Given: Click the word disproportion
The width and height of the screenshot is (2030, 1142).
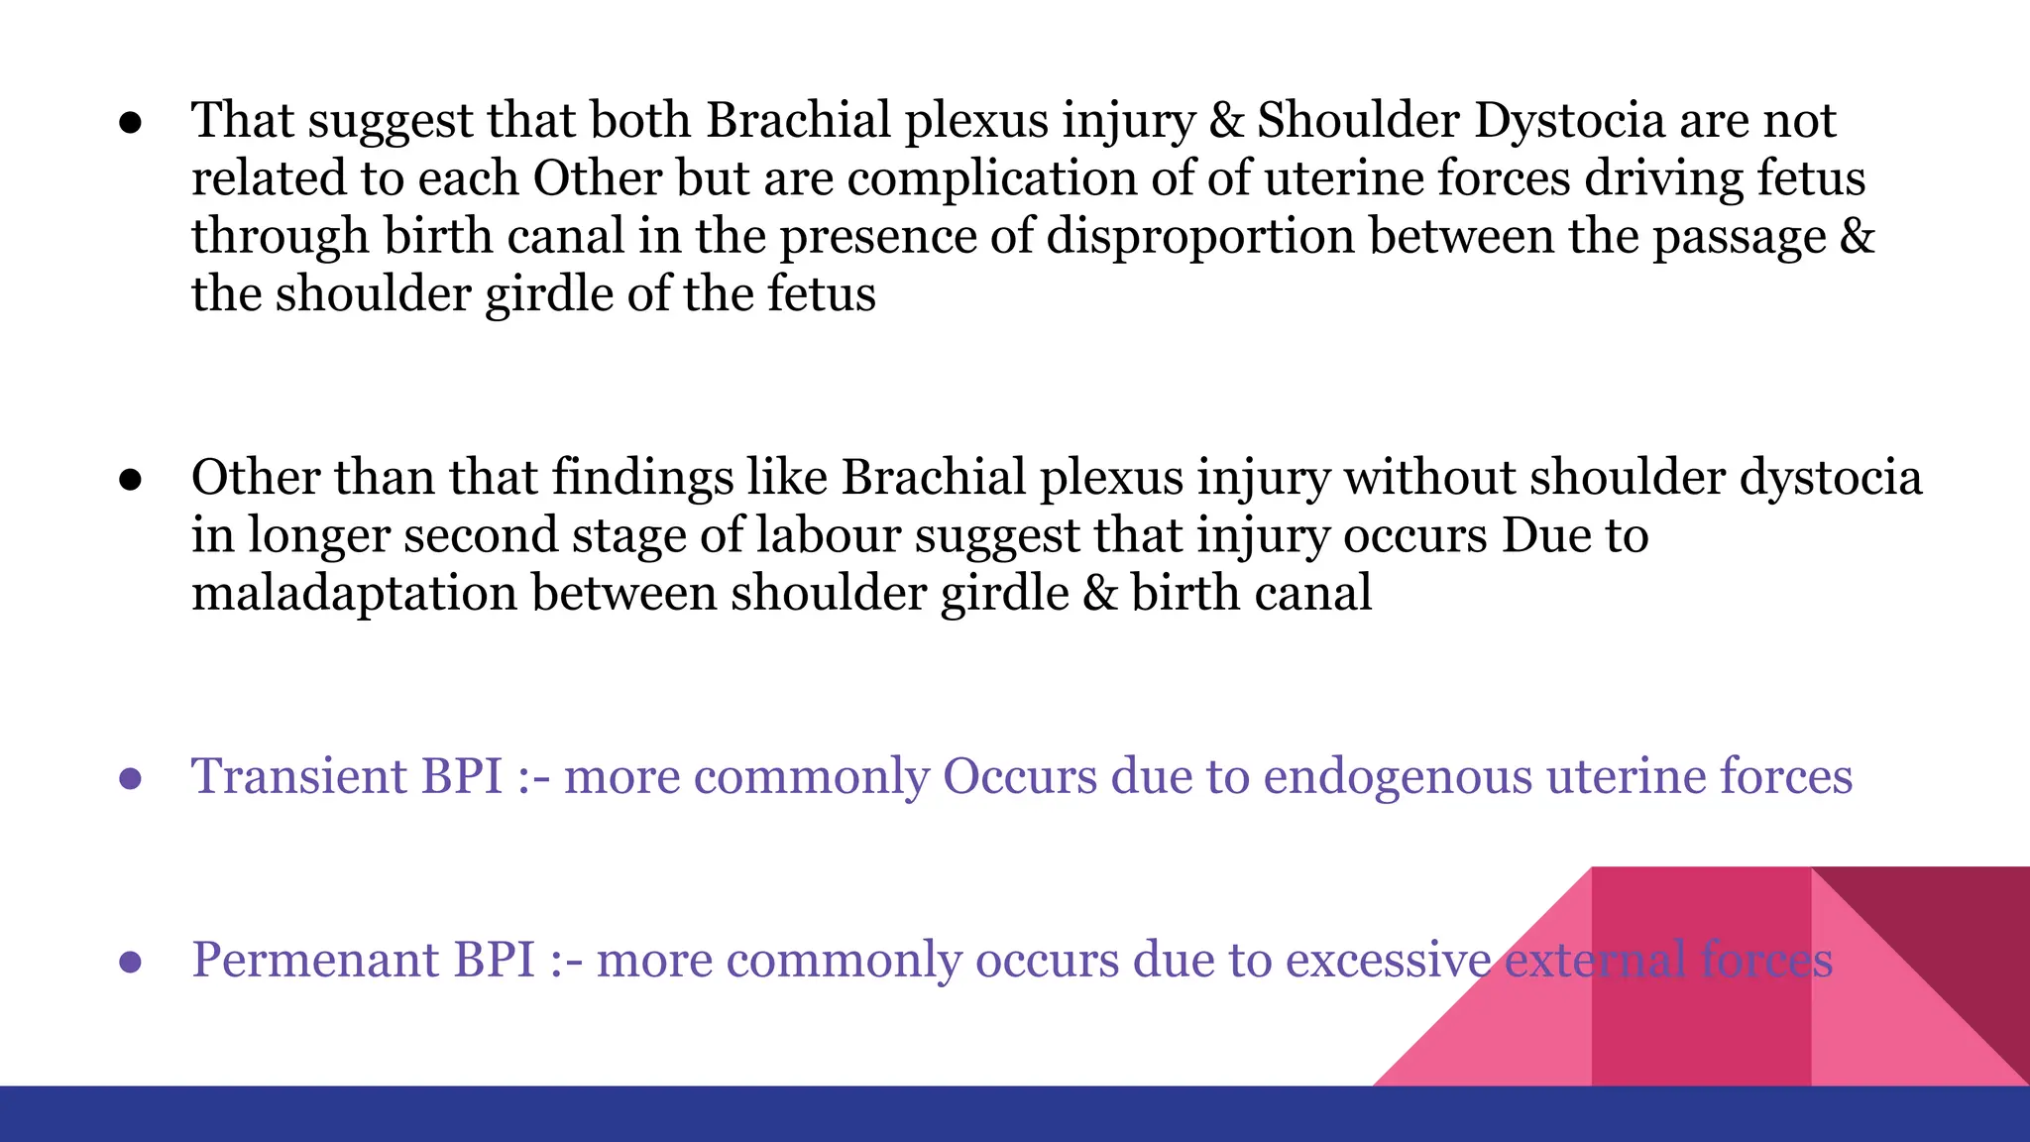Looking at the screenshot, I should point(1200,237).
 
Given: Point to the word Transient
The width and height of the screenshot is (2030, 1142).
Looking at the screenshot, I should point(298,775).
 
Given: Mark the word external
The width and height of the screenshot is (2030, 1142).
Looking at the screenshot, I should point(1595,960).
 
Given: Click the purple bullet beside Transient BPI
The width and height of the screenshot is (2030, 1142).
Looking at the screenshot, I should point(130,779).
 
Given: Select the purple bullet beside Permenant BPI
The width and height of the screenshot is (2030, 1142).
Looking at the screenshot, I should point(130,963).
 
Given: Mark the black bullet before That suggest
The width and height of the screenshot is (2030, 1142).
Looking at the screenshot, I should point(130,124).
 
